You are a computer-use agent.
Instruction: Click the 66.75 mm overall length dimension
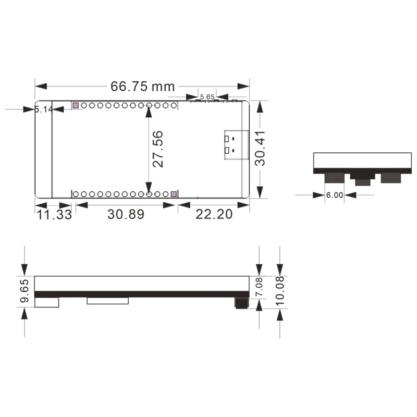pos(142,86)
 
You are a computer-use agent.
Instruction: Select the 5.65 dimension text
pos(207,97)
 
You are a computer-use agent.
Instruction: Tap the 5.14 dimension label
pos(44,109)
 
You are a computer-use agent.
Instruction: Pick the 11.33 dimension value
pos(54,214)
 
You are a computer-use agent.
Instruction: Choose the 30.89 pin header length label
pos(126,214)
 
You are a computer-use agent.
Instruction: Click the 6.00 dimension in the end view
pos(334,195)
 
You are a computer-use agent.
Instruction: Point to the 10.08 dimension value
pos(280,286)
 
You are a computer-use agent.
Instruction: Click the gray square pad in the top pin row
pos(75,106)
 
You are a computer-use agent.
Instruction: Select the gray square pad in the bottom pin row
pos(174,194)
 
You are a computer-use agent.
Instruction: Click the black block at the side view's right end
pos(242,303)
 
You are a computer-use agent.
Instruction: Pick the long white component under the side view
pos(107,300)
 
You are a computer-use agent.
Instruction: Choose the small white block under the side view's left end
pos(47,302)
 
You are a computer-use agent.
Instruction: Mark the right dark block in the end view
pos(391,178)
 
